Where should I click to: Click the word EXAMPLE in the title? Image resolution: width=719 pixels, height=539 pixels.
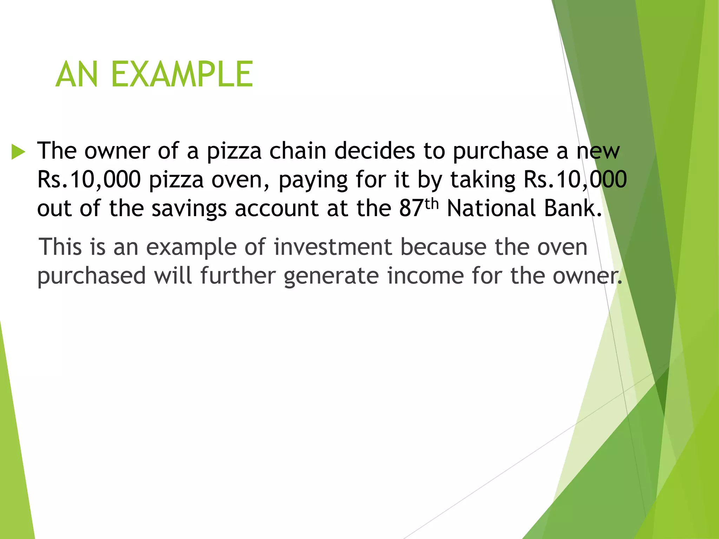[x=182, y=74]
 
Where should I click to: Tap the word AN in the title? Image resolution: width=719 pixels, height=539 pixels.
[x=77, y=74]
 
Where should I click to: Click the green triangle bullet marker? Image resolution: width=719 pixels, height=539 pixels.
[x=18, y=152]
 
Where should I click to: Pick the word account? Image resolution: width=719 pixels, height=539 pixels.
[x=277, y=208]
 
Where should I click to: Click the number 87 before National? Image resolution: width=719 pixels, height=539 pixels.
[x=411, y=208]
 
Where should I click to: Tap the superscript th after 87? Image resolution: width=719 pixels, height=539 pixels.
[x=432, y=204]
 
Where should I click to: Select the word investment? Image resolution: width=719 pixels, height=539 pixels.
[x=333, y=247]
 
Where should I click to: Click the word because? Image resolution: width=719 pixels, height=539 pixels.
[x=443, y=247]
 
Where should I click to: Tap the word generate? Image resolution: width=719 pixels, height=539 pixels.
[x=331, y=276]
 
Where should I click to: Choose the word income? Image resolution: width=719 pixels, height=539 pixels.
[x=426, y=275]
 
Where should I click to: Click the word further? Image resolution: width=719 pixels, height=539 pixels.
[x=238, y=275]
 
